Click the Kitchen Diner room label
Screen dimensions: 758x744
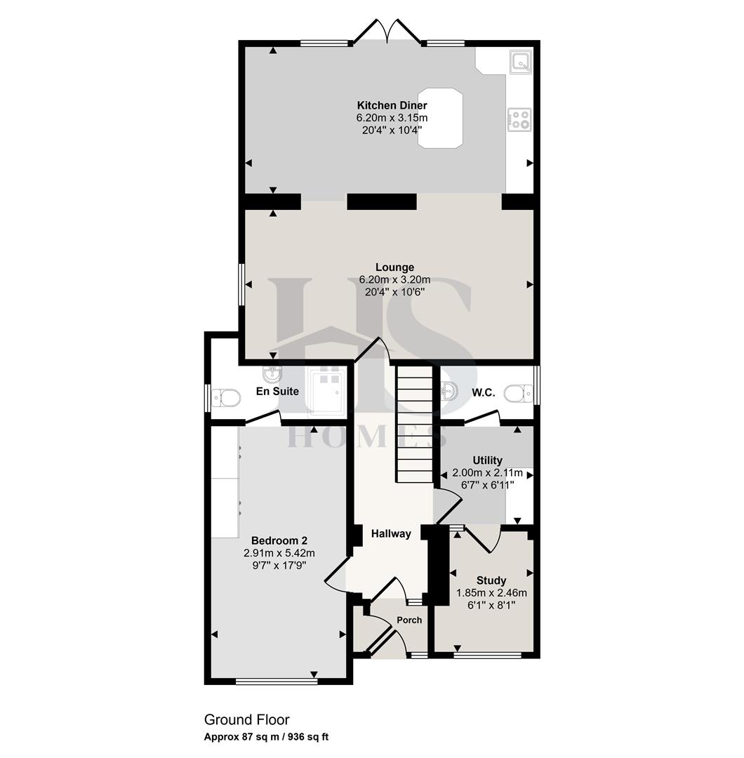(392, 106)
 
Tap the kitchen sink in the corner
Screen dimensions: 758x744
(521, 62)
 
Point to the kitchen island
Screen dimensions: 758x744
(440, 117)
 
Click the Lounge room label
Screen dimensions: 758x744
(394, 267)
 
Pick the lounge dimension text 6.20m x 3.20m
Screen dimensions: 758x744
(394, 279)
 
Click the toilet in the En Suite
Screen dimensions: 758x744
(226, 398)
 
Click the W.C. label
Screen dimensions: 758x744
(484, 393)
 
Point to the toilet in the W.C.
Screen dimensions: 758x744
(518, 392)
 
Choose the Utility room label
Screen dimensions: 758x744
(487, 460)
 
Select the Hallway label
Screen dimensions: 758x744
(391, 534)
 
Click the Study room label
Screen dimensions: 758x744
(491, 580)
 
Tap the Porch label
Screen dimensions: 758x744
(409, 620)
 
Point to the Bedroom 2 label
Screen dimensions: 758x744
(279, 540)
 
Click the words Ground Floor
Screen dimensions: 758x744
(246, 719)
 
